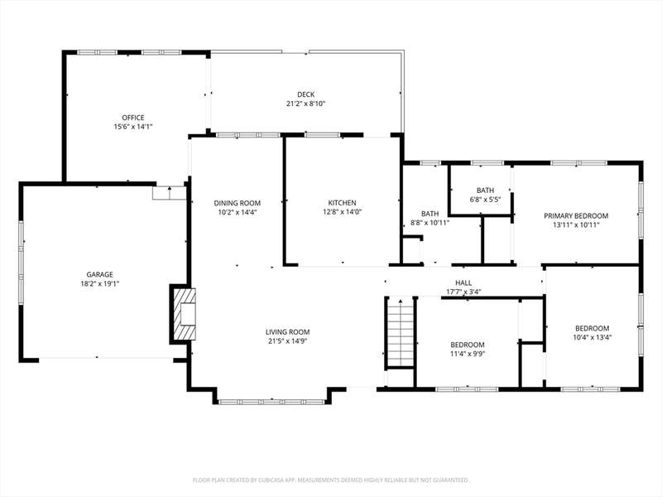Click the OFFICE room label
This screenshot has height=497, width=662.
coord(133,118)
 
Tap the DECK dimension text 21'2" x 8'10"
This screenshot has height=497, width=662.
coord(305,104)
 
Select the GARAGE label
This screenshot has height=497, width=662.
coord(99,275)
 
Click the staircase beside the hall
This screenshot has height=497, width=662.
coord(400,333)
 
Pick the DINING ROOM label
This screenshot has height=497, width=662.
coord(237,203)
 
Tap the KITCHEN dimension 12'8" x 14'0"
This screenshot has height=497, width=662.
coord(343,212)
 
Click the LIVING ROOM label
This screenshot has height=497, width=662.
coord(287,332)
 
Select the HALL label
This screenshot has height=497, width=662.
coord(463,282)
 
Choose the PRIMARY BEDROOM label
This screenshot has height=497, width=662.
coord(576,216)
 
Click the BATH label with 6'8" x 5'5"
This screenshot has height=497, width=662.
coord(485,191)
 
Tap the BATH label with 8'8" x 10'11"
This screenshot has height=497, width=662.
coord(429,214)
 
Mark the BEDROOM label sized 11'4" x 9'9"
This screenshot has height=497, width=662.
coord(468,345)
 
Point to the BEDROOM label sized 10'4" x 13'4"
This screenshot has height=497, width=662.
coord(592,328)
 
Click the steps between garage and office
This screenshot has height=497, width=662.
coord(170,193)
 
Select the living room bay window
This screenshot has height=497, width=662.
coord(272,402)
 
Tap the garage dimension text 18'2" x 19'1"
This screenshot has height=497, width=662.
coord(99,284)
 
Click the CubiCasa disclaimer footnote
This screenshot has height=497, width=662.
coord(330,480)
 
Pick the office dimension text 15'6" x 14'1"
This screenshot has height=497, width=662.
coord(133,127)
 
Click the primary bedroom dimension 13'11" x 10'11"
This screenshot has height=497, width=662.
coord(576,225)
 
